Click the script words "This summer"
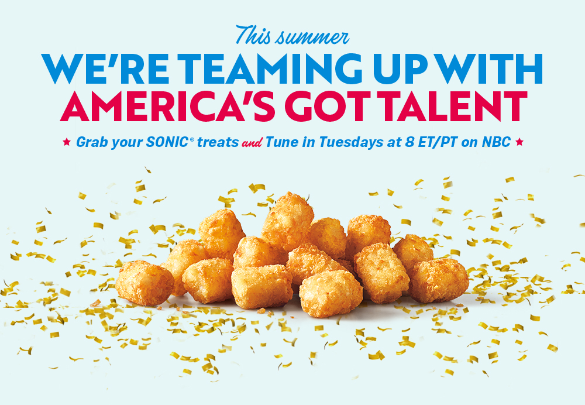pos(292,36)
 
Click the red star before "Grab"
pos(67,142)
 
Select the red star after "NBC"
pos(519,142)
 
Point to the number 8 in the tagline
pos(409,142)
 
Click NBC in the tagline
pos(496,142)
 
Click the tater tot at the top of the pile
pos(288,221)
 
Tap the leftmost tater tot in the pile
pos(144,283)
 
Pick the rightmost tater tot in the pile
pos(439,280)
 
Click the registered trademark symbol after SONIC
pos(192,139)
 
